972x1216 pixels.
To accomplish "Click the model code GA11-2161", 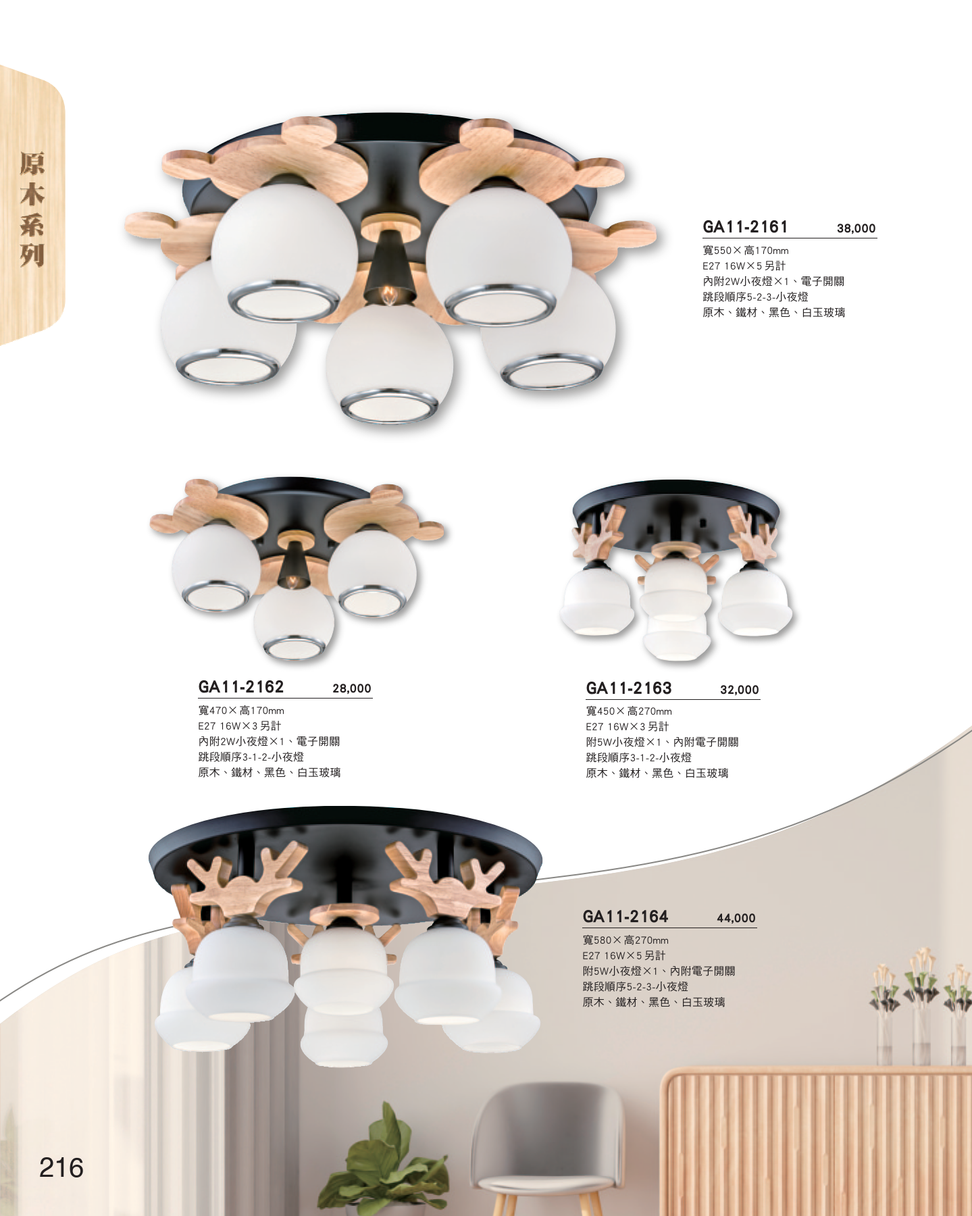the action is (745, 227).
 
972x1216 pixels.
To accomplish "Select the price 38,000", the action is (856, 228).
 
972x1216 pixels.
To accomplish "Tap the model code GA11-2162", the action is (240, 687).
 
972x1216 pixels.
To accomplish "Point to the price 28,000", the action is (352, 688).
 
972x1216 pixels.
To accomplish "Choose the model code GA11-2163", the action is (628, 688).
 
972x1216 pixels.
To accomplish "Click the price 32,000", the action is (740, 690).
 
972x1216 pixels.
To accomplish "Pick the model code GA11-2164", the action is (625, 917).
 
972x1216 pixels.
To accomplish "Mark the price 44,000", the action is (736, 918).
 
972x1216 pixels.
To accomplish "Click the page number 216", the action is (61, 1167).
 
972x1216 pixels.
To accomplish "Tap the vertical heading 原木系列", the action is (32, 209).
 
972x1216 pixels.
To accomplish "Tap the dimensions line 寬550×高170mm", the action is (746, 251).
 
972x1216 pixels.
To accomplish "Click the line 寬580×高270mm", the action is (625, 940).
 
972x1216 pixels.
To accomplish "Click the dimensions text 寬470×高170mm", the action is (241, 711).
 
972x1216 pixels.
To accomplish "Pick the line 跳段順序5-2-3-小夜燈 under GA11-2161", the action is (755, 297).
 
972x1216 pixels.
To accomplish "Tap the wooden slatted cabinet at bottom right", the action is (816, 1142).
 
